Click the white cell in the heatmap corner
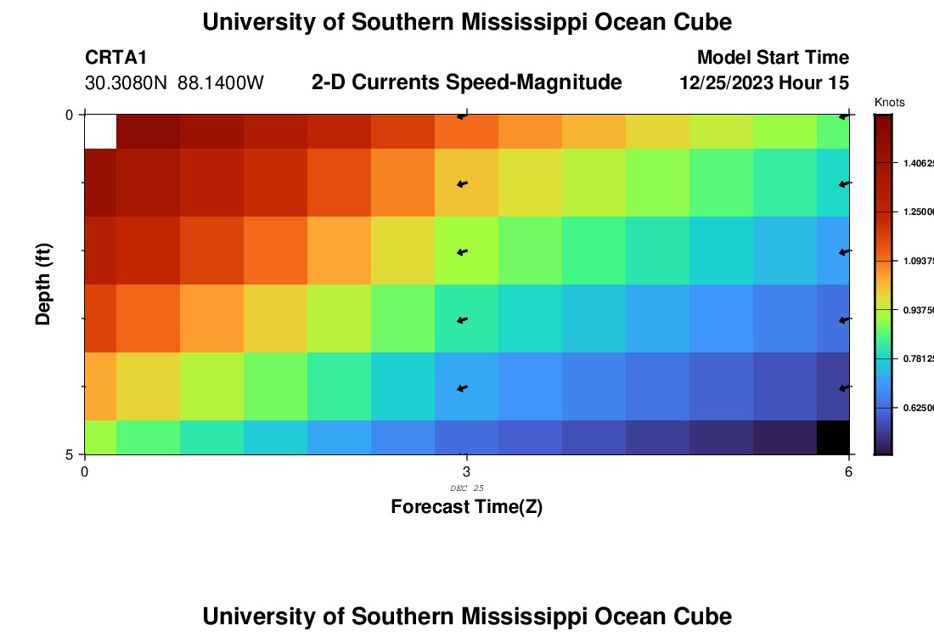[100, 132]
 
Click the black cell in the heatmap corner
[832, 437]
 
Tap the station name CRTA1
[116, 58]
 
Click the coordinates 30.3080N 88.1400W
[175, 83]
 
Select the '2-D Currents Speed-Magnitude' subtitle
[467, 82]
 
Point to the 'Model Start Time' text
[773, 58]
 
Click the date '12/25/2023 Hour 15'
[764, 83]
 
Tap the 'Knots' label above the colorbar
[889, 103]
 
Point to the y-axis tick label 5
[70, 455]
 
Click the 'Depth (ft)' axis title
[43, 285]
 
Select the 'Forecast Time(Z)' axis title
[466, 507]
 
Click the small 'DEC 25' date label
[466, 488]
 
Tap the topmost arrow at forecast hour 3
[462, 116]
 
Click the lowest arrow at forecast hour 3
[462, 388]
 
